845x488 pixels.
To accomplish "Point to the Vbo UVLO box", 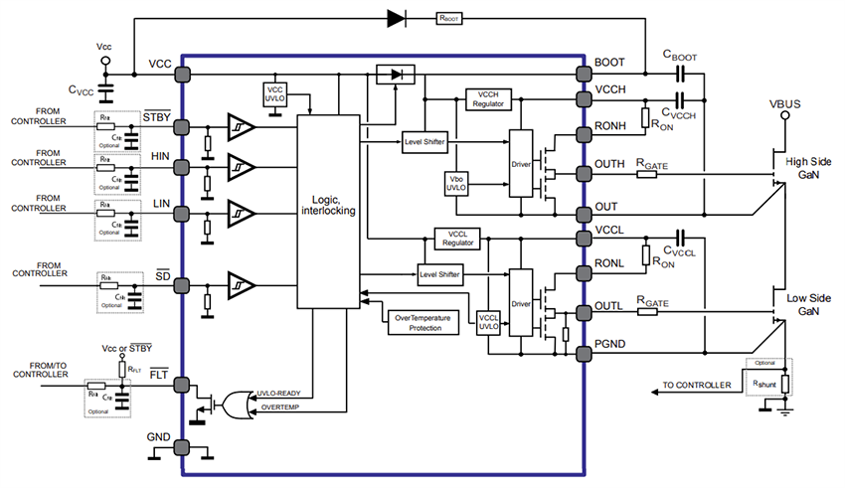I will click(458, 185).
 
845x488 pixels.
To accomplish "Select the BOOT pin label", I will click(609, 63).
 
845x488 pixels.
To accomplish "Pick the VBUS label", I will click(784, 102).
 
